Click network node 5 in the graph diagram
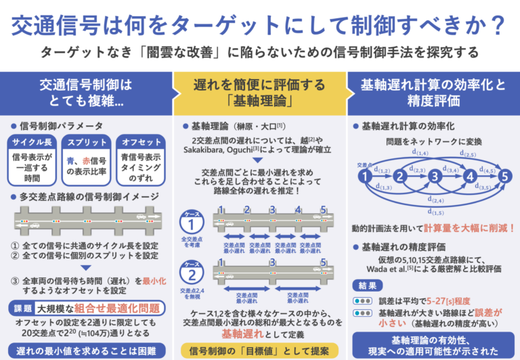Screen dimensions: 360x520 point(503,177)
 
